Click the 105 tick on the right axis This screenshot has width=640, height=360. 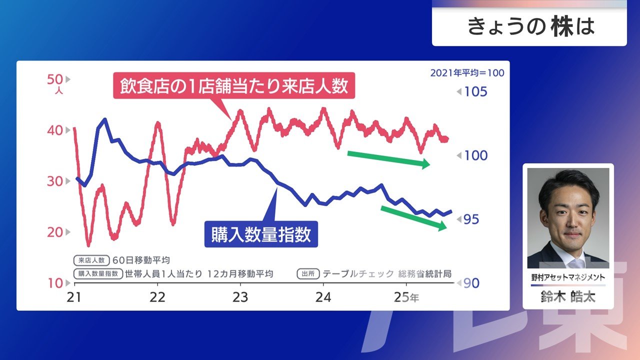[x=475, y=92]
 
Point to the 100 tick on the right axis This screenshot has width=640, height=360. [x=475, y=155]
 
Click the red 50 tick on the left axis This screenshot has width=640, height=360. [x=54, y=79]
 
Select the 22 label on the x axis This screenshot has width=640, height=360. [x=157, y=297]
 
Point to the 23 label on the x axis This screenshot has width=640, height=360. [x=240, y=297]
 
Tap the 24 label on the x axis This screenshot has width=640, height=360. [x=323, y=297]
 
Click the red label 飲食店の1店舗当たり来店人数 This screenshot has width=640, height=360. [x=234, y=85]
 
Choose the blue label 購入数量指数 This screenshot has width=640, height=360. [x=261, y=234]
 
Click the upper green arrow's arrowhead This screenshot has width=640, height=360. [x=426, y=163]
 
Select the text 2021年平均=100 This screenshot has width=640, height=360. [x=467, y=73]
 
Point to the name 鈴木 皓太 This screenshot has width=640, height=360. [x=568, y=296]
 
